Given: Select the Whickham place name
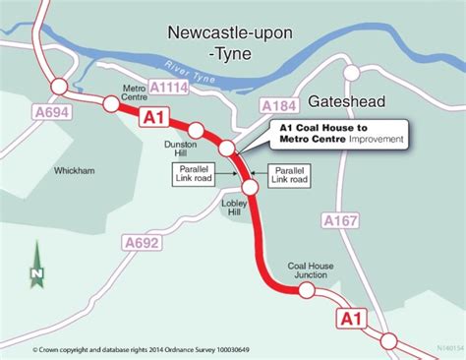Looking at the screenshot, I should tap(77, 170).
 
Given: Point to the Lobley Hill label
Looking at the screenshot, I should tap(232, 206).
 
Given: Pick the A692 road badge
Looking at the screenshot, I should tap(145, 242).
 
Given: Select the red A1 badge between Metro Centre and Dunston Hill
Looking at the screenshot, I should tap(153, 118).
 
